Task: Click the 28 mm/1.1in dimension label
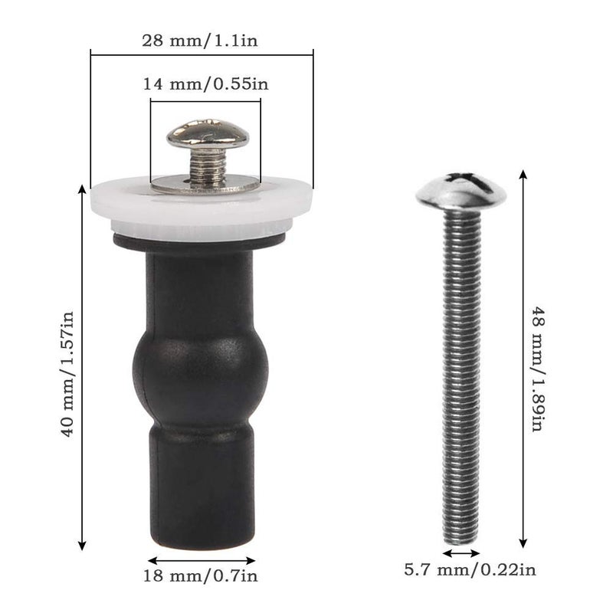point(201,41)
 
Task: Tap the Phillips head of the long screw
point(461,190)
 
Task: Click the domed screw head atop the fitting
point(208,135)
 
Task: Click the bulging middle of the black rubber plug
point(201,367)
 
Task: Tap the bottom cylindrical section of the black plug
point(202,490)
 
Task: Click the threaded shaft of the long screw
point(461,368)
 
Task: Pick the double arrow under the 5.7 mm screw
point(461,552)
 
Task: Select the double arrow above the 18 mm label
point(202,560)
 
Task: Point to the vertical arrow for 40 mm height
point(82,367)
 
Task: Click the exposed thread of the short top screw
point(207,164)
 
